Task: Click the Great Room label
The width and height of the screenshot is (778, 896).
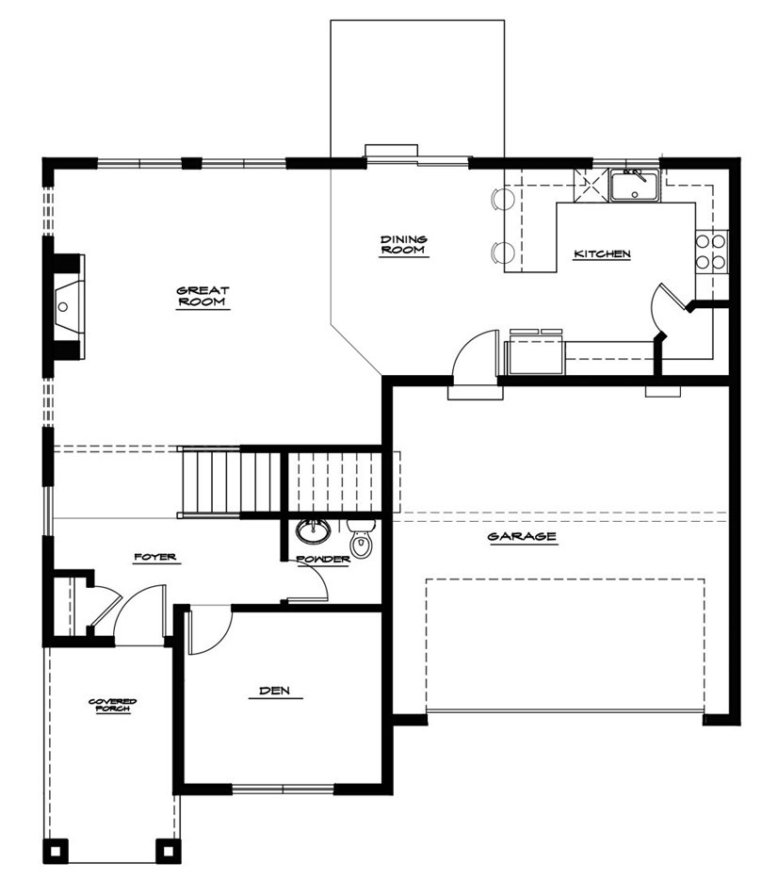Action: coord(203,296)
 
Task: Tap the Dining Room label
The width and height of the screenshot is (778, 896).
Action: coord(404,245)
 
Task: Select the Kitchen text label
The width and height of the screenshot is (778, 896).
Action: coord(602,253)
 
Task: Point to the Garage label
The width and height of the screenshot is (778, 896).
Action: coord(522,537)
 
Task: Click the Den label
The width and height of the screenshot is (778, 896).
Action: coord(275,691)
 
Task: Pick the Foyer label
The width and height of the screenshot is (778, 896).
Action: coord(154,557)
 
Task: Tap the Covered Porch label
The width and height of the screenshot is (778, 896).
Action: coord(112,705)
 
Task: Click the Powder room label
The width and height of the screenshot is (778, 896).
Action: coord(323,560)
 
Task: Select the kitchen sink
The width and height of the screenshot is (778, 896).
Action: coord(635,186)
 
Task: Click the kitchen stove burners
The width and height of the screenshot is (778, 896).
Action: coord(711,252)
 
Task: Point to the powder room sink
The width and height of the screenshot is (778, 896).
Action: coord(313,531)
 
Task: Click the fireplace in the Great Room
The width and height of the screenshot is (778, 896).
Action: coord(69,307)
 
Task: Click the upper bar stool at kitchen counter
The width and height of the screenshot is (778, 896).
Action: coord(503,199)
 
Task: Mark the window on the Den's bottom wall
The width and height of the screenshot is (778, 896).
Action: coord(283,790)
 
